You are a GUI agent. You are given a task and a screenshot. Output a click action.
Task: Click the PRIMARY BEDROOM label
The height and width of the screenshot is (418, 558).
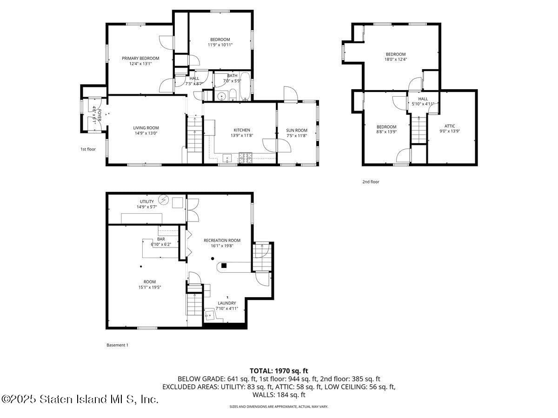click(140, 59)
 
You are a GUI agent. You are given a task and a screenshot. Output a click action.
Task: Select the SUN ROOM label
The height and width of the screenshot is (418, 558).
click(297, 130)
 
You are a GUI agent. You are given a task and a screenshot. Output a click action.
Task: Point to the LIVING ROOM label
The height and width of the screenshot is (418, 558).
click(146, 128)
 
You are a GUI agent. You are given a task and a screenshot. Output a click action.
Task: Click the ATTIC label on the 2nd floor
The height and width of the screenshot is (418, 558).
click(450, 126)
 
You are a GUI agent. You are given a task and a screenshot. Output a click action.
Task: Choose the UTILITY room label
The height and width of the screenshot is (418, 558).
click(146, 202)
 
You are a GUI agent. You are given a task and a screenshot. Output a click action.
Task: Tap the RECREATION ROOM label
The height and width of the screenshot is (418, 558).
click(222, 240)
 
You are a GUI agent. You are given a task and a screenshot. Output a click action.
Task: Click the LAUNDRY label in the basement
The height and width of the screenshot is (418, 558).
click(227, 303)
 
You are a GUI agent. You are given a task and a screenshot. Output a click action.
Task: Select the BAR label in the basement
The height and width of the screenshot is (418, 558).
click(161, 239)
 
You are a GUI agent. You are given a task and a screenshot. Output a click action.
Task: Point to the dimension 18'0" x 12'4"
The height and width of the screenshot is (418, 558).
click(395, 59)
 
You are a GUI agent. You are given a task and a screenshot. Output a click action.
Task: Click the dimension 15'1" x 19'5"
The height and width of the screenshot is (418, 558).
click(149, 287)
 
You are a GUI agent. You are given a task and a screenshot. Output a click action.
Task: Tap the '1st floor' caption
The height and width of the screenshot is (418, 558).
click(88, 149)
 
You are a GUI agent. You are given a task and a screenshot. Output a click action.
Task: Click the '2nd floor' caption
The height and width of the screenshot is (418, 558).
click(371, 182)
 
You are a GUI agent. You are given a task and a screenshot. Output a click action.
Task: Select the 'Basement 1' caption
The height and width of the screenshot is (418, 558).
click(117, 345)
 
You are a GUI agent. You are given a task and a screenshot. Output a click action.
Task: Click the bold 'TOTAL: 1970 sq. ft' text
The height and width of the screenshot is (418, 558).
click(279, 371)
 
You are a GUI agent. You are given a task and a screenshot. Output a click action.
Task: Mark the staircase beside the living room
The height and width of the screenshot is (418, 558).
click(194, 135)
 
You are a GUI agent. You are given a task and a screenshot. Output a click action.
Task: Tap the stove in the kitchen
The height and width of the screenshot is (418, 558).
click(246, 158)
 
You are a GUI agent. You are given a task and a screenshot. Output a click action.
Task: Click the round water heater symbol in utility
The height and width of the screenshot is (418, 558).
click(163, 200)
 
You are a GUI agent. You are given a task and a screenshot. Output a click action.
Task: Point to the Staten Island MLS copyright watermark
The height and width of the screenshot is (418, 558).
click(80, 399)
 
